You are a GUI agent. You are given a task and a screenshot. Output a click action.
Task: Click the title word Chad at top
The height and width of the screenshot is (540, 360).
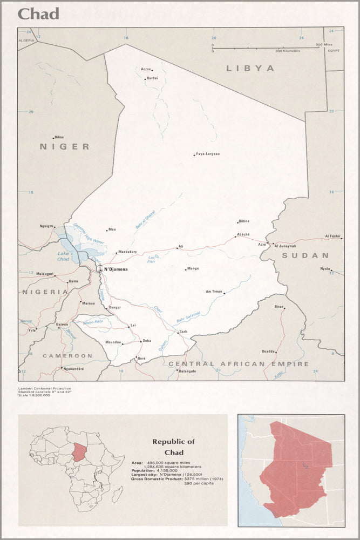tap(38, 14)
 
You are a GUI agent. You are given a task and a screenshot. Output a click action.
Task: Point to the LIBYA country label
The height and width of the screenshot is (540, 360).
tap(250, 69)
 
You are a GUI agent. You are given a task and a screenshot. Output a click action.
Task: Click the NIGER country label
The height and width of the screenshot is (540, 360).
tap(64, 146)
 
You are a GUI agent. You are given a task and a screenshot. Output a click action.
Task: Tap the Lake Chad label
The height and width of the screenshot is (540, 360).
tap(64, 256)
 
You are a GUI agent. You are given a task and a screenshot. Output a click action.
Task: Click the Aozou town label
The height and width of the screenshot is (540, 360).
tap(145, 69)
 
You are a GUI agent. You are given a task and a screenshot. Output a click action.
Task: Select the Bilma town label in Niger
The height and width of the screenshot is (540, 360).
tap(59, 137)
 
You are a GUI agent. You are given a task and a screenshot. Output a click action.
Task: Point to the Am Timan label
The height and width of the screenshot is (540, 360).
tap(214, 291)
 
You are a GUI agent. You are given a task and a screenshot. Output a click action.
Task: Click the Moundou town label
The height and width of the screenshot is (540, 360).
tap(113, 342)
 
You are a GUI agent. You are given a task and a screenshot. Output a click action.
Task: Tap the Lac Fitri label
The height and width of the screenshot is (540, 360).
tap(152, 260)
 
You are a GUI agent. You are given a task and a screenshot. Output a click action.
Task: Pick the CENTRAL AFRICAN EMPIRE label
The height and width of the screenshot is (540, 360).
tap(239, 364)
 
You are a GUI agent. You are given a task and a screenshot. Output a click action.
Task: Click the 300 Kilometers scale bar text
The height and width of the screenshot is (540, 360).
tap(287, 51)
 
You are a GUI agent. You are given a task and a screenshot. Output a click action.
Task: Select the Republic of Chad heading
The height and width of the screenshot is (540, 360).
tap(173, 447)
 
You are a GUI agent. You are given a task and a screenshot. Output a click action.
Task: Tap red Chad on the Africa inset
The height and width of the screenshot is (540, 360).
tap(80, 451)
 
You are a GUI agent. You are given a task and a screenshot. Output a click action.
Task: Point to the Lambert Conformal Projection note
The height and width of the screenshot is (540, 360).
tap(44, 388)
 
